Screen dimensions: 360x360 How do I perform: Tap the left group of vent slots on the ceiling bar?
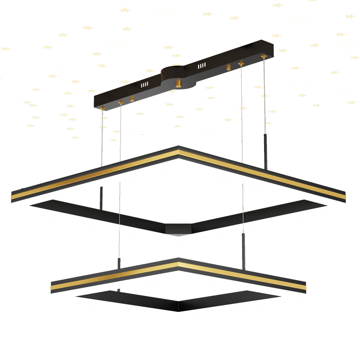pyautogui.click(x=145, y=85)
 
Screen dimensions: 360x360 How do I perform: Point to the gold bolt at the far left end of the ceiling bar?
pyautogui.click(x=102, y=107)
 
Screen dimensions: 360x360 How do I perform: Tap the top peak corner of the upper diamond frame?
pyautogui.click(x=179, y=148)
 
